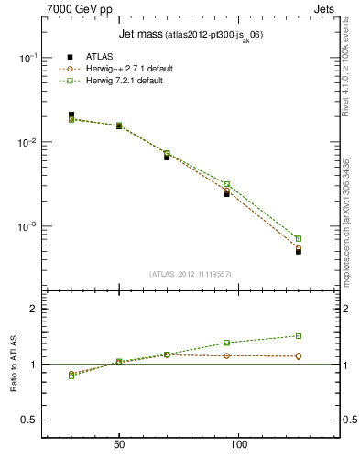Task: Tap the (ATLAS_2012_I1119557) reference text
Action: tap(189, 274)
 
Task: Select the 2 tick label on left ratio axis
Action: tap(33, 309)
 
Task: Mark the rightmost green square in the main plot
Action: tap(299, 239)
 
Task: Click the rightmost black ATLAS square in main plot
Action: tap(299, 251)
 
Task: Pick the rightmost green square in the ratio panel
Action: tap(299, 336)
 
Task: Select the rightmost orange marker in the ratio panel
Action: tap(299, 356)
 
